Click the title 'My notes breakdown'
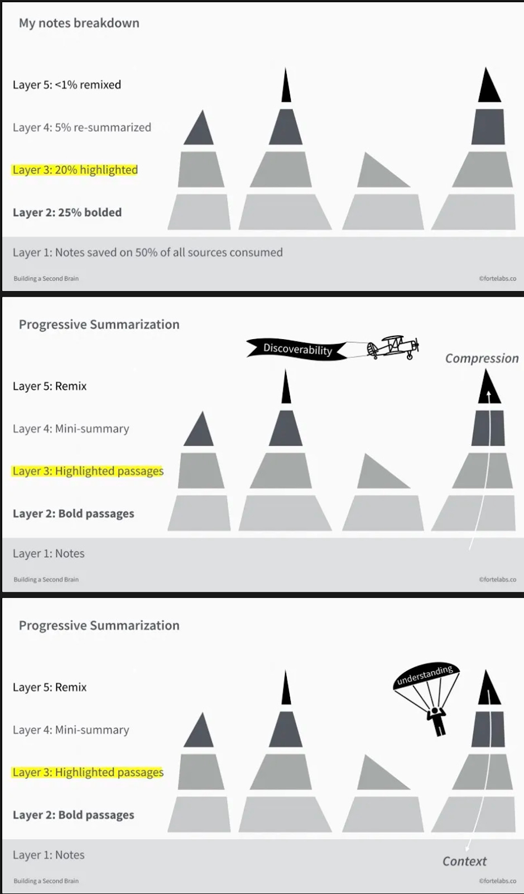click(79, 23)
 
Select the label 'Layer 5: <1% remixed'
click(67, 84)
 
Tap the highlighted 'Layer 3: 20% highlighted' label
click(75, 170)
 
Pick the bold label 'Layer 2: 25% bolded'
click(67, 212)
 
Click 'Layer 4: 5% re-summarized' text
click(81, 127)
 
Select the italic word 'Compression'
click(482, 358)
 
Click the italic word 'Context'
click(464, 861)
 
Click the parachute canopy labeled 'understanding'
click(426, 676)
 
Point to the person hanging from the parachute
click(438, 721)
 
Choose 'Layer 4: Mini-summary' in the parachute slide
click(71, 730)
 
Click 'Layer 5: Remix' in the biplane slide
click(50, 386)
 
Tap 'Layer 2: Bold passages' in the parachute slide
click(73, 815)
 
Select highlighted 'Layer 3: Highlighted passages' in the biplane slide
click(88, 471)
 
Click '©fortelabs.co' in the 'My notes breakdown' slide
click(497, 279)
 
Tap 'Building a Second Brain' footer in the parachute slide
click(46, 881)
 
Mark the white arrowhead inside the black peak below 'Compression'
click(488, 393)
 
